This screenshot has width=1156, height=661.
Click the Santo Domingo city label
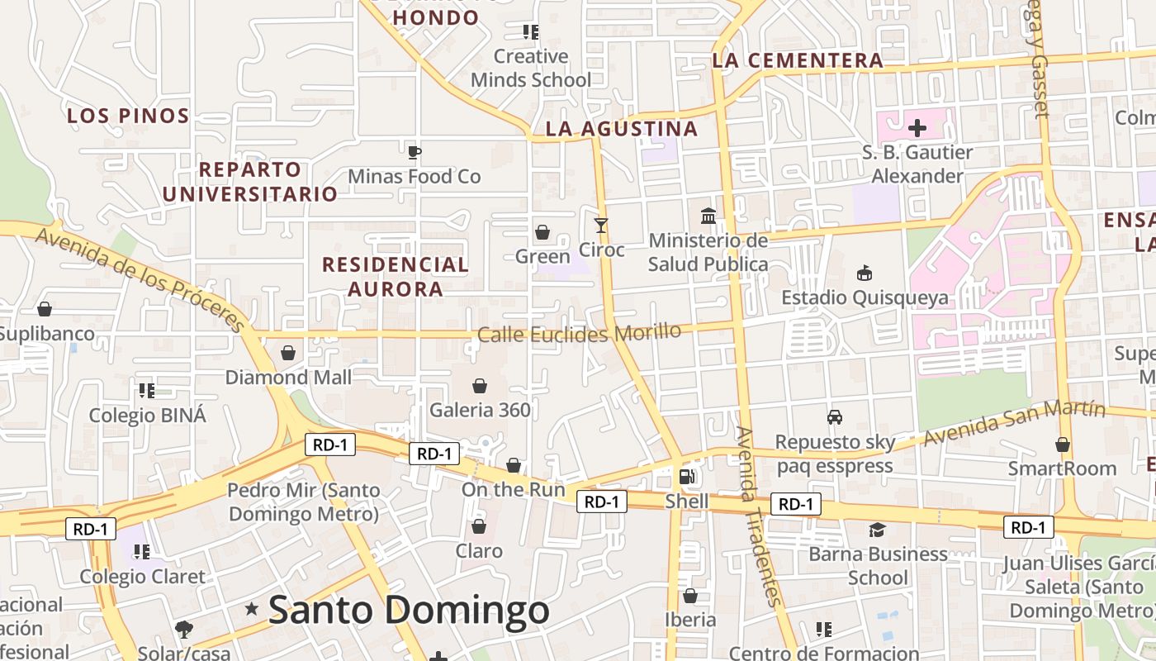point(409,611)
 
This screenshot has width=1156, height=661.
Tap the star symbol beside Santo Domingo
point(252,609)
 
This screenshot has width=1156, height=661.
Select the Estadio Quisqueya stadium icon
point(865,273)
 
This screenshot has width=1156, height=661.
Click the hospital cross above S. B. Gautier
point(917,128)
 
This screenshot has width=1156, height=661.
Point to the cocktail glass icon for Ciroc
point(601,225)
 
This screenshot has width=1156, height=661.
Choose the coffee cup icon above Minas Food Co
point(414,152)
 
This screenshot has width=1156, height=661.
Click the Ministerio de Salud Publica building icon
point(708,216)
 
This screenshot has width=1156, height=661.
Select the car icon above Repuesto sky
point(835,417)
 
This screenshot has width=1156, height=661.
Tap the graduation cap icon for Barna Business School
point(877,530)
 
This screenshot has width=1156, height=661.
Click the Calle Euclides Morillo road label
point(579,333)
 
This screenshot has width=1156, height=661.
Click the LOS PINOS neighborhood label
point(128,116)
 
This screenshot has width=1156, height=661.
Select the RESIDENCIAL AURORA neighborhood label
point(395,277)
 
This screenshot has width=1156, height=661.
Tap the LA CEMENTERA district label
point(797,60)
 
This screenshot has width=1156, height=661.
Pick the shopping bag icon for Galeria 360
point(479,386)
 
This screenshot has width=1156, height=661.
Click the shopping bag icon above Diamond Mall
point(288,353)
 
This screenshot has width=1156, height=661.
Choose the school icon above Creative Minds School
point(530,32)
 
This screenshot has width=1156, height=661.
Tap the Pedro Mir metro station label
point(303,502)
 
